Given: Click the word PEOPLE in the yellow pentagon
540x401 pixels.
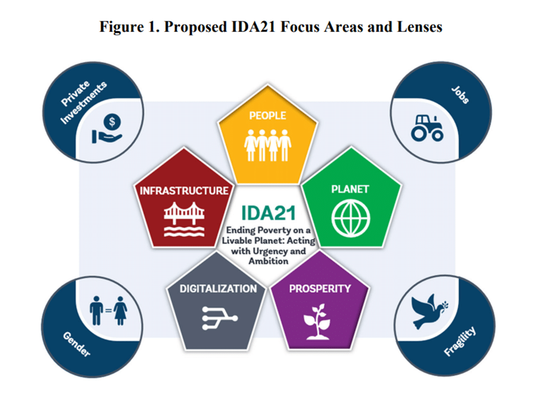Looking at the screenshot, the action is [x=268, y=116].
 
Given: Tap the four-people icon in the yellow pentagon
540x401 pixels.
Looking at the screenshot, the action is [x=268, y=146].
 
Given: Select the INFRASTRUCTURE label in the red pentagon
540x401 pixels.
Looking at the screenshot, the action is [x=184, y=190].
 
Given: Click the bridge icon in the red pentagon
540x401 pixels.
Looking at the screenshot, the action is [x=184, y=219].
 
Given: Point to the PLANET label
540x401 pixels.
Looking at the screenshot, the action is [x=350, y=189].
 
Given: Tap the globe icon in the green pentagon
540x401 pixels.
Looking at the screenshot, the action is [x=350, y=219].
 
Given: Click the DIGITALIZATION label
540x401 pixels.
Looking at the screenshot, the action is [x=218, y=289].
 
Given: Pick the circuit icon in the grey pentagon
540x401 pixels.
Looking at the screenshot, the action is [x=219, y=318].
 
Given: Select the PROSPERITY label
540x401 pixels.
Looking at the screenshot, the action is [x=320, y=289].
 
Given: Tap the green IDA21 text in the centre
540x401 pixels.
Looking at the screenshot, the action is [x=268, y=213].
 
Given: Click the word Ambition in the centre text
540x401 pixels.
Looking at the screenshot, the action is [x=269, y=261].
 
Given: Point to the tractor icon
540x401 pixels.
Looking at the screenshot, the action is [x=427, y=128].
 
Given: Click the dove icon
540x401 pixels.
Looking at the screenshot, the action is [x=428, y=311].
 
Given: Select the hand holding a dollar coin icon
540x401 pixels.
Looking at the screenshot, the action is [x=107, y=129].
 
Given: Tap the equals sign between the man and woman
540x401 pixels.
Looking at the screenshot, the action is [x=109, y=311].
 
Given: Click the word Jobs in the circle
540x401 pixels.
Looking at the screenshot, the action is [x=460, y=94].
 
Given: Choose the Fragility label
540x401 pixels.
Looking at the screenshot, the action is [x=460, y=341].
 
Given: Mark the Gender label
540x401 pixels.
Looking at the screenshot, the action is [x=76, y=344].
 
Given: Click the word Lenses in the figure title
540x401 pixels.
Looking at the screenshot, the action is [x=419, y=27].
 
